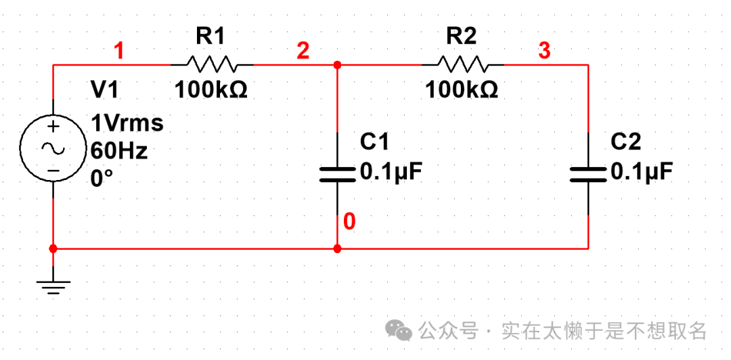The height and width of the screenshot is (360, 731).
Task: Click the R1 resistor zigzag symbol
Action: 212,65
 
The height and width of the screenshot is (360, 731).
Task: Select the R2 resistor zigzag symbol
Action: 462,65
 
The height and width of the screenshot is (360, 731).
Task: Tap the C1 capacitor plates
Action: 337,174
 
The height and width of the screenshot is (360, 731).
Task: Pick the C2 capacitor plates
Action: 588,174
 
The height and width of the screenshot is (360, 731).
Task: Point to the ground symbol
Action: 53,287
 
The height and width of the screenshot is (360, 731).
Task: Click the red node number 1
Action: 119,50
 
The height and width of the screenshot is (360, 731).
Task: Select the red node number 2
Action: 303,50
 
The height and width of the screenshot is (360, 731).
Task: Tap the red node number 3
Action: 544,50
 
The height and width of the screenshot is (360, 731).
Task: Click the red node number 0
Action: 349,221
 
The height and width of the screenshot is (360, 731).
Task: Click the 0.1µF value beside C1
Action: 391,172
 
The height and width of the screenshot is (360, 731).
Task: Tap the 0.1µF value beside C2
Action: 642,172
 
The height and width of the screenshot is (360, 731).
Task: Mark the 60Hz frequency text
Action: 119,150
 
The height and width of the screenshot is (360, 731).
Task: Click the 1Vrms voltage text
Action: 127,123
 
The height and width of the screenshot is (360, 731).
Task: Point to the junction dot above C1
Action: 337,65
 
